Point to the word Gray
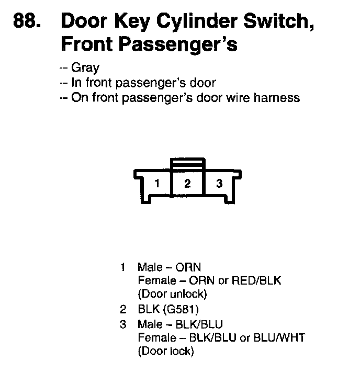[x=85, y=68]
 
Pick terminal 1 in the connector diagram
[x=156, y=184]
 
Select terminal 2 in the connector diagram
[x=187, y=184]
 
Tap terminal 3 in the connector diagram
[x=219, y=184]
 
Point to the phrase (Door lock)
[x=165, y=352]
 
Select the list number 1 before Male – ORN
[x=123, y=267]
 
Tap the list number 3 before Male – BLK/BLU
[x=123, y=324]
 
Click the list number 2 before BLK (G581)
[x=123, y=309]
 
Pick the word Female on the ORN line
[x=154, y=280]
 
